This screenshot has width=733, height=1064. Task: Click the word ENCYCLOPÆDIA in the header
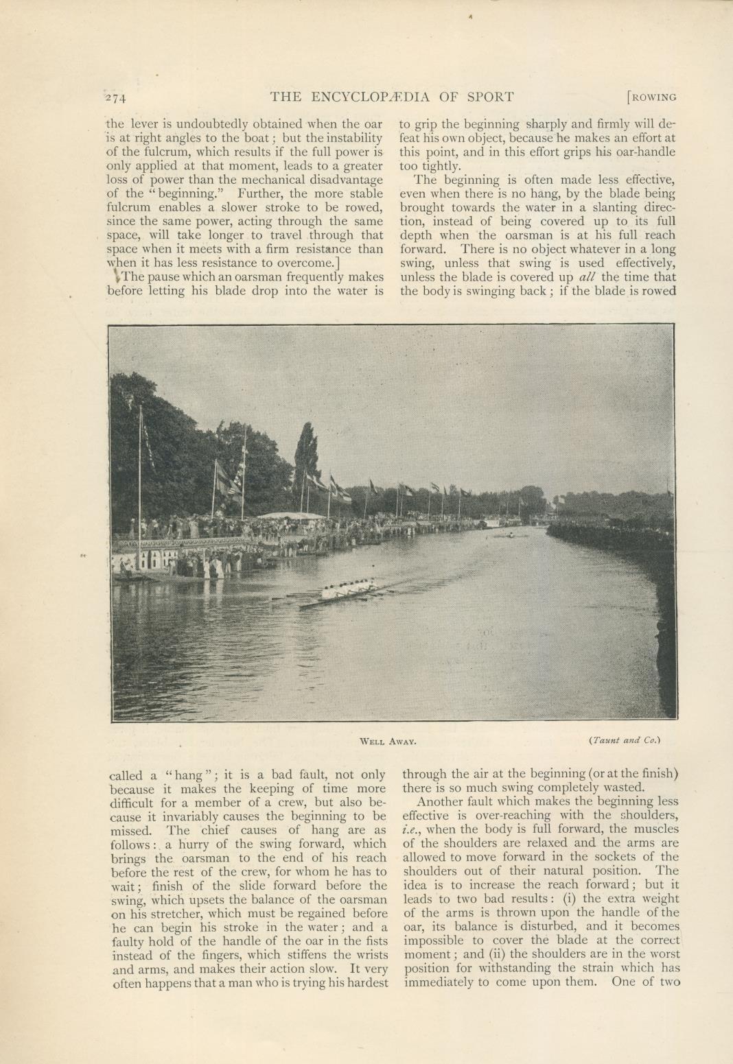(369, 96)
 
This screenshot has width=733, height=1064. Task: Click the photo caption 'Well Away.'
(388, 741)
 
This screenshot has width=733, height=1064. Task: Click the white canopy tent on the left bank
(292, 515)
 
